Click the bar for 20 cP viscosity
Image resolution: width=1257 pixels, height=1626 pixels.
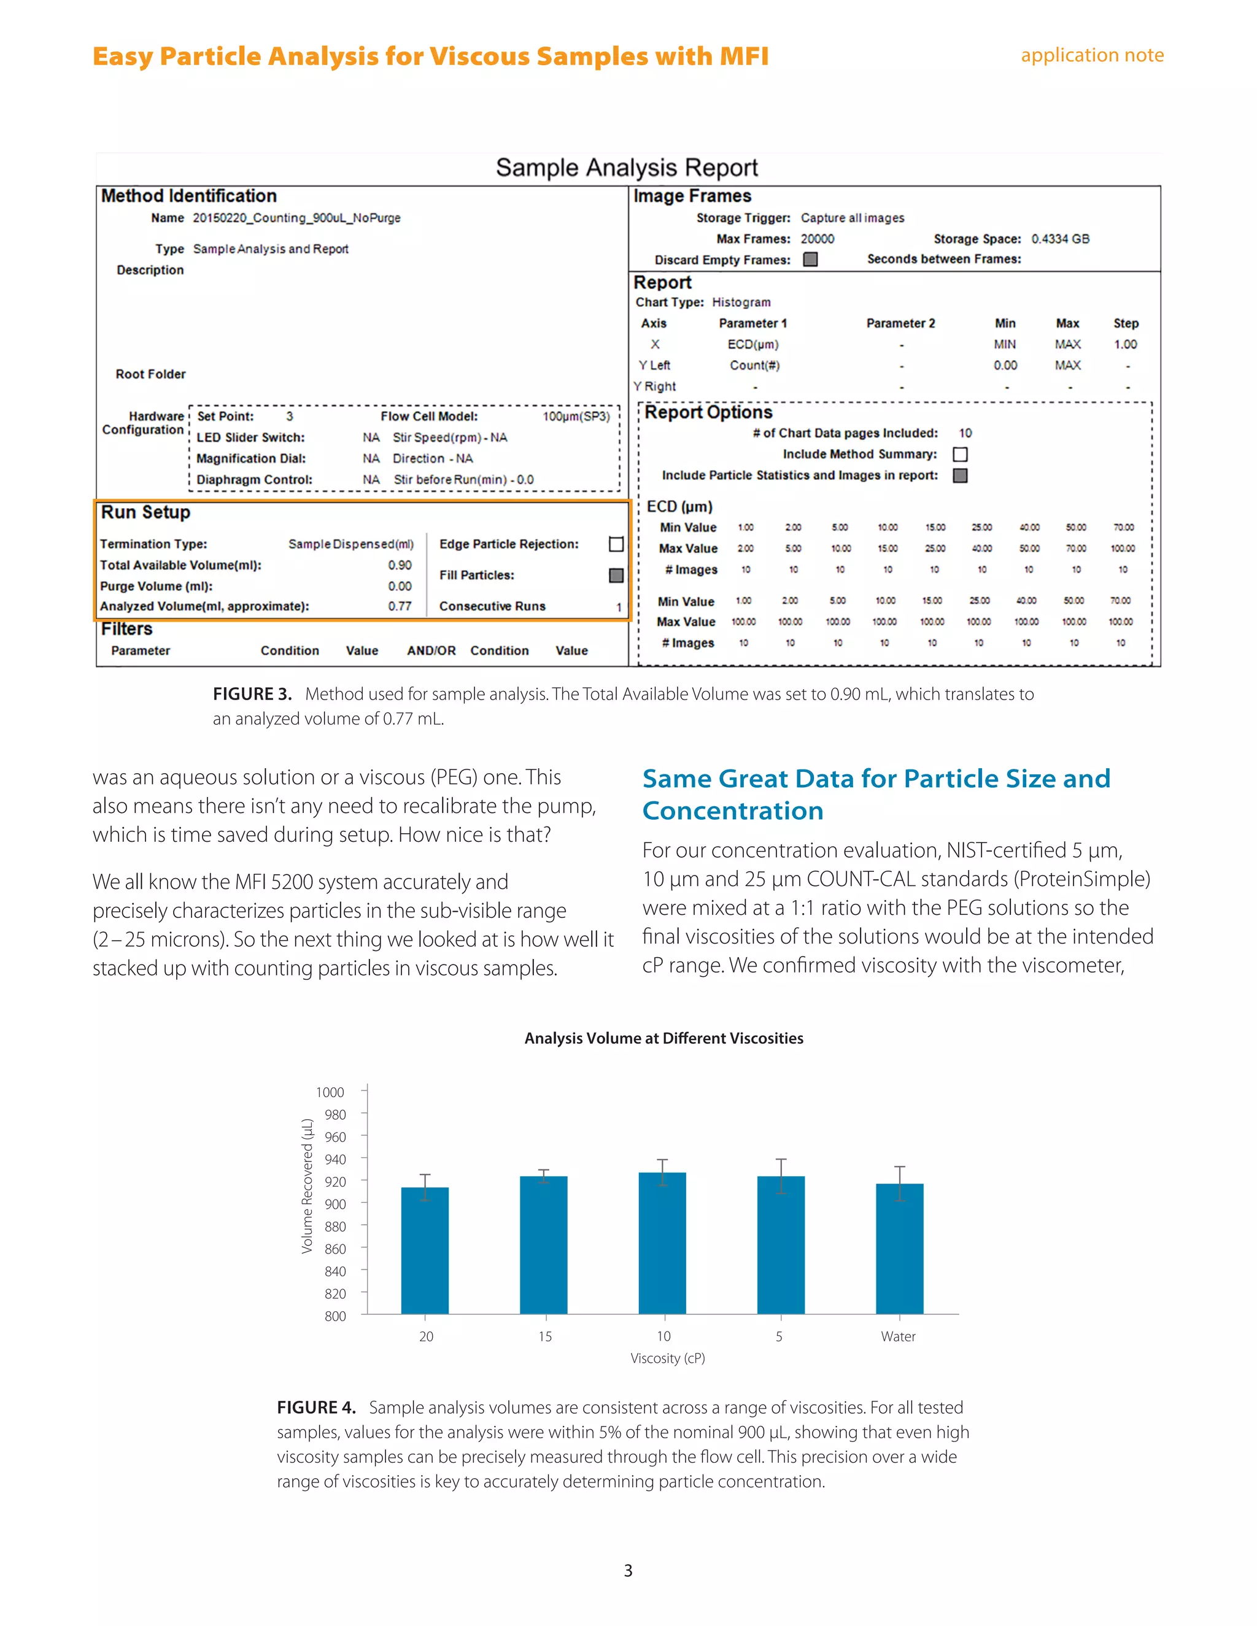(x=425, y=1250)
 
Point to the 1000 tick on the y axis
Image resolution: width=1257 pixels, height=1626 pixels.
(x=330, y=1092)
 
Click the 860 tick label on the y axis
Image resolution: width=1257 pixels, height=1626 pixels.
(x=335, y=1249)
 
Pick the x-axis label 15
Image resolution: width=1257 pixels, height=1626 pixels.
(x=545, y=1336)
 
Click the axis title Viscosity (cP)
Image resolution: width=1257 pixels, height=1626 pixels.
(x=667, y=1358)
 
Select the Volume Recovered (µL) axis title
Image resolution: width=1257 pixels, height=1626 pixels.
(x=307, y=1186)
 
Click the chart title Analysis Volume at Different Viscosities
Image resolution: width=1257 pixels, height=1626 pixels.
(x=663, y=1038)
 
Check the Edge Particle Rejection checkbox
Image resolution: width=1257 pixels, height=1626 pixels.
(x=616, y=544)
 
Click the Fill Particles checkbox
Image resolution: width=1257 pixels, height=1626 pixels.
(x=616, y=576)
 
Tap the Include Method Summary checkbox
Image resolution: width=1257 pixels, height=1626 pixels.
(x=960, y=454)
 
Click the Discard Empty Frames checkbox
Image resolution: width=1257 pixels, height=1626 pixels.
(x=810, y=259)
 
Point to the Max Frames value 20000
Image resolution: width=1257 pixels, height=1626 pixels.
(x=817, y=239)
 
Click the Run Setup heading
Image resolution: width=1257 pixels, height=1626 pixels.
(x=146, y=512)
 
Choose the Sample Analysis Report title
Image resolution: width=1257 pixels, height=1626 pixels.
(x=627, y=168)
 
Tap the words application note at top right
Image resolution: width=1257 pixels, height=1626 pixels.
(x=1092, y=55)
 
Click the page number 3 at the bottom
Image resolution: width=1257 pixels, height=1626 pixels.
(x=628, y=1570)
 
